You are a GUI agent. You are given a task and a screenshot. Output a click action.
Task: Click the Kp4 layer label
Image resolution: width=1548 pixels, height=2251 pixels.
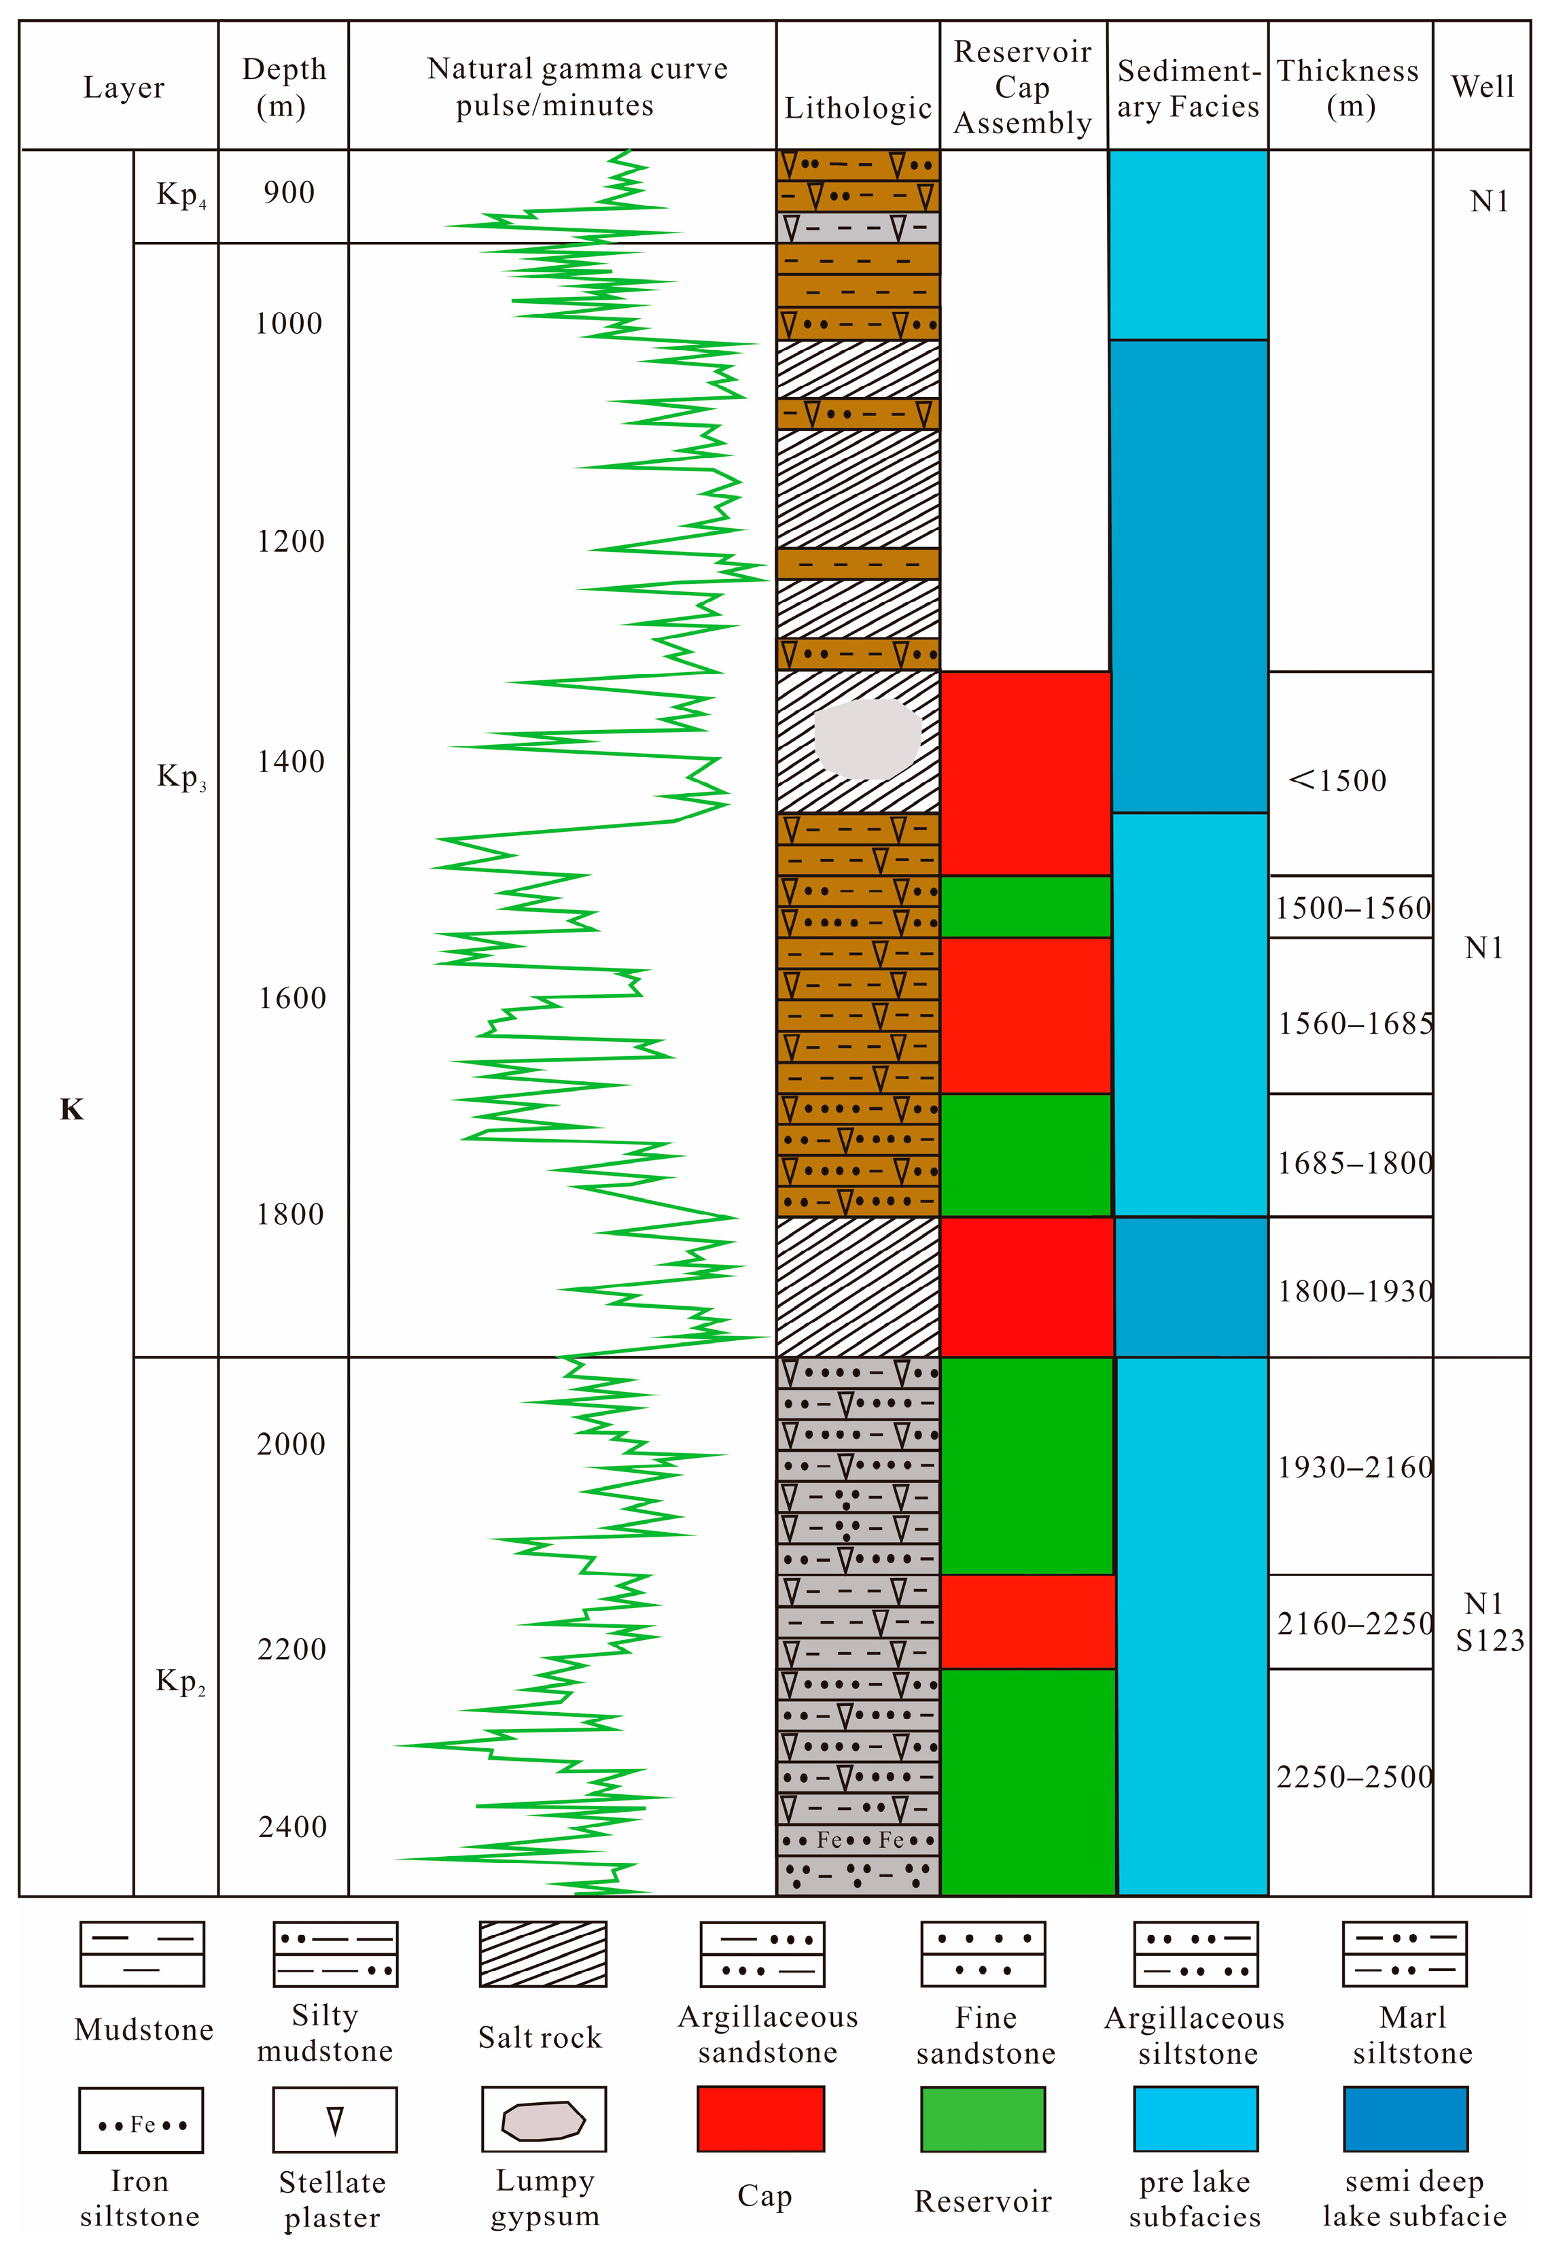click(180, 195)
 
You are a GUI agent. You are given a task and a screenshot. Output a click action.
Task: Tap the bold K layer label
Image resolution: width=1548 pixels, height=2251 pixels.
click(72, 1109)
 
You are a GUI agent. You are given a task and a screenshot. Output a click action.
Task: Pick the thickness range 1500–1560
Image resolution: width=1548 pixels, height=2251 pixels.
click(1352, 909)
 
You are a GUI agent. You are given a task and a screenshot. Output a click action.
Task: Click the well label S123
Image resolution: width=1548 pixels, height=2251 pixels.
click(1490, 1640)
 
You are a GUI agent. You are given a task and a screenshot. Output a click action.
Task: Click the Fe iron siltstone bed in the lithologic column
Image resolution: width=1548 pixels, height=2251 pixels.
click(858, 1840)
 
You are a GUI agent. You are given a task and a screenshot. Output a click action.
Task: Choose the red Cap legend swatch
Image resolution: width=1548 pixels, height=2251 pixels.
click(760, 2119)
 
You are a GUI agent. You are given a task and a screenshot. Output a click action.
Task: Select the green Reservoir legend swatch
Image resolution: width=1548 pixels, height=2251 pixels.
click(983, 2119)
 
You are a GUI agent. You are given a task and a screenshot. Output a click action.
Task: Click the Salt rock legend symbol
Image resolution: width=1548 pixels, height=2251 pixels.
click(542, 1954)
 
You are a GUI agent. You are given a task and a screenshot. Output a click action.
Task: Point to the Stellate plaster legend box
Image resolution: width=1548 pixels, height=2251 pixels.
click(334, 2120)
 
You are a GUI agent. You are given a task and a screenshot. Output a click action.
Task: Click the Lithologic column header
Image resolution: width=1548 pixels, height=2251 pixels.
click(858, 107)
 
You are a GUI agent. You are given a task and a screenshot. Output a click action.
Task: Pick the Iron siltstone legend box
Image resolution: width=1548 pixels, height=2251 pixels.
click(141, 2120)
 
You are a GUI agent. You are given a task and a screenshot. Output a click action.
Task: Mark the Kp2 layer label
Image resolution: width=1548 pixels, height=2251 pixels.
click(180, 1681)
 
